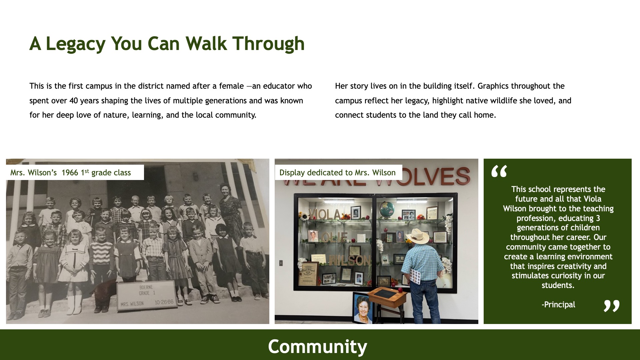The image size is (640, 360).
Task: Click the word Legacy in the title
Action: click(x=75, y=44)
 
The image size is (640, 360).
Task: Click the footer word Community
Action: click(x=317, y=346)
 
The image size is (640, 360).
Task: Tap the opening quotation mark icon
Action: click(x=499, y=171)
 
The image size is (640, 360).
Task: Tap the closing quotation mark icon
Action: click(x=612, y=306)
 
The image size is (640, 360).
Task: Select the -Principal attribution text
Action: click(x=558, y=305)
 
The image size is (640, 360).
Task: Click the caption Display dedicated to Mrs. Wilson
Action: click(x=337, y=173)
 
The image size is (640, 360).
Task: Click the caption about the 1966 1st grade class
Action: click(x=71, y=173)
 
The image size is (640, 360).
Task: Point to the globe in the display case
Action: click(x=387, y=209)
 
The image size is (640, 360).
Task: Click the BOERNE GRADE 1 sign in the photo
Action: click(x=147, y=296)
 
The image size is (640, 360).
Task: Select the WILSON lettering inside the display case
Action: click(x=349, y=260)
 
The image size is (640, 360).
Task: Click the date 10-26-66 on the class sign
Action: click(x=164, y=302)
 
